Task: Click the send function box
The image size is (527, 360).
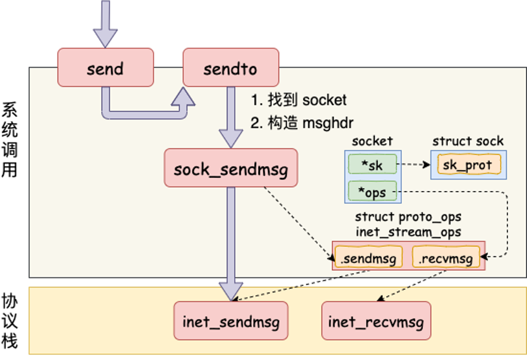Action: coord(105,67)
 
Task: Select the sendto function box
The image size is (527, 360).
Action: coord(231,67)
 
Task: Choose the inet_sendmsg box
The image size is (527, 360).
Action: coord(231,322)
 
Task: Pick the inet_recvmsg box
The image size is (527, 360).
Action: coord(376,322)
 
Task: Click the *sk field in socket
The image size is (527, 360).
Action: coord(372,165)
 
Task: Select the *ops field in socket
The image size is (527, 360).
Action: coord(372,192)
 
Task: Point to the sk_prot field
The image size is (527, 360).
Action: coord(468,165)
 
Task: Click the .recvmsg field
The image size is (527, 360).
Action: coord(446,258)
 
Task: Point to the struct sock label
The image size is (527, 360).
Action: coord(468,141)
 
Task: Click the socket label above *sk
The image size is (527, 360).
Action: coord(372,141)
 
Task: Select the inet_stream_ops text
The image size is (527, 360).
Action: coord(408,231)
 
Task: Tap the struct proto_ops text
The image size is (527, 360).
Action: coord(408,217)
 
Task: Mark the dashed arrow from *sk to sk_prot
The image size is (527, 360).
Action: coord(414,165)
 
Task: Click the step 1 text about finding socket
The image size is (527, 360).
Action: coord(298,99)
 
